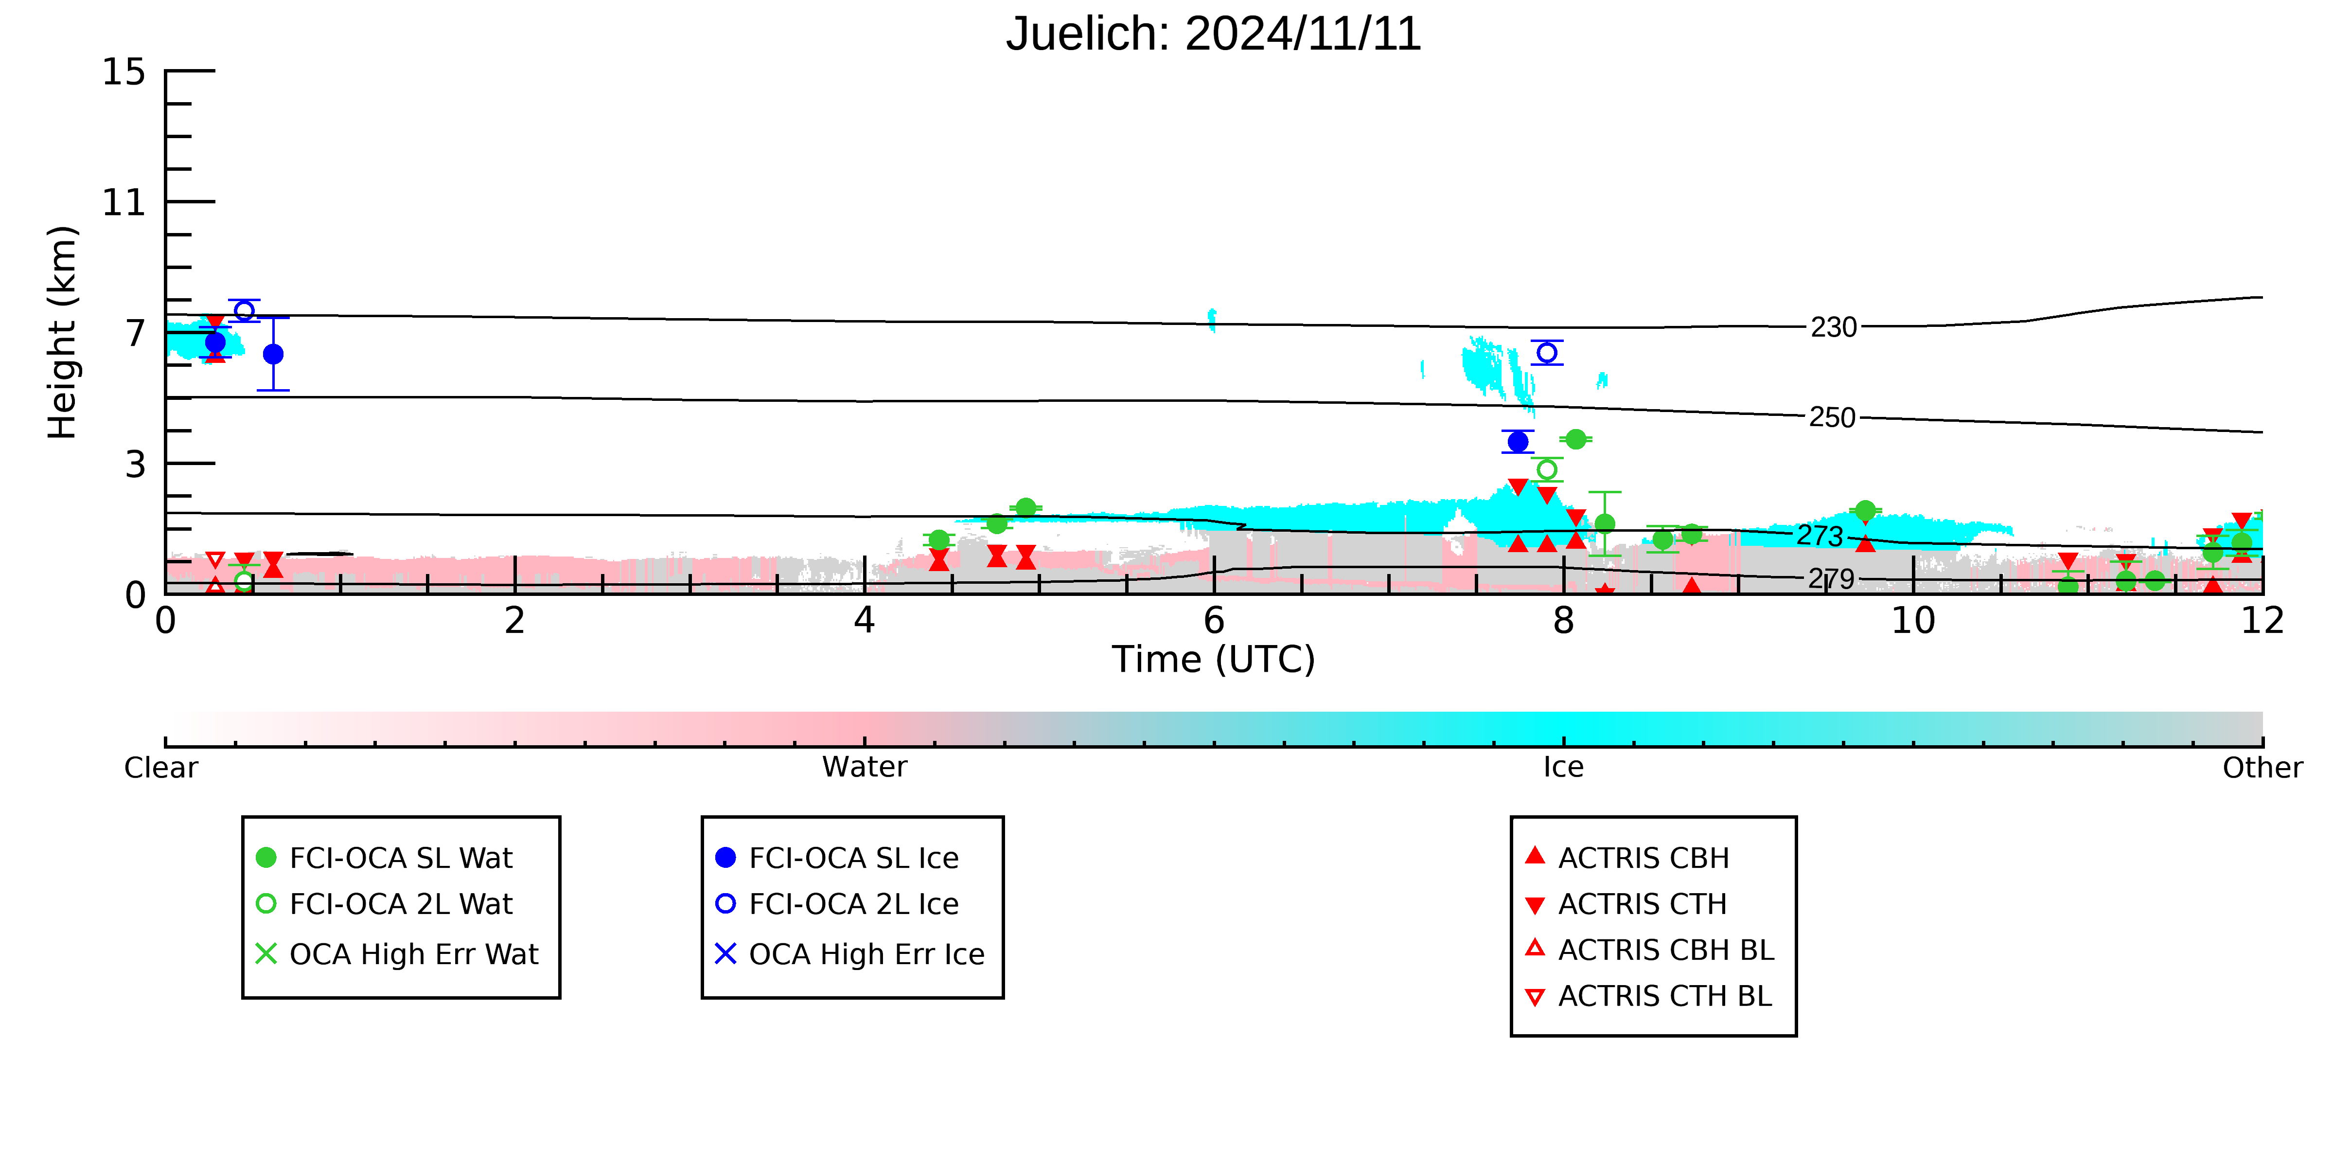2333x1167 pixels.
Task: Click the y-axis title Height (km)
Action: (63, 333)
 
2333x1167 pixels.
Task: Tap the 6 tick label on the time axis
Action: (1214, 621)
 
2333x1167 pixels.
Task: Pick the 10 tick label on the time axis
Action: (1913, 621)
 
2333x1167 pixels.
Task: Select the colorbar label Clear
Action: (161, 768)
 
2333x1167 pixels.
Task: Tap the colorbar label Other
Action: (2262, 768)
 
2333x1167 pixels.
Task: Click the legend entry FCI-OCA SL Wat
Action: (385, 857)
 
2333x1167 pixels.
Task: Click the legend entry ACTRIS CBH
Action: (1627, 857)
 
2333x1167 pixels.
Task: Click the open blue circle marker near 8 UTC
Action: (1547, 353)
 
